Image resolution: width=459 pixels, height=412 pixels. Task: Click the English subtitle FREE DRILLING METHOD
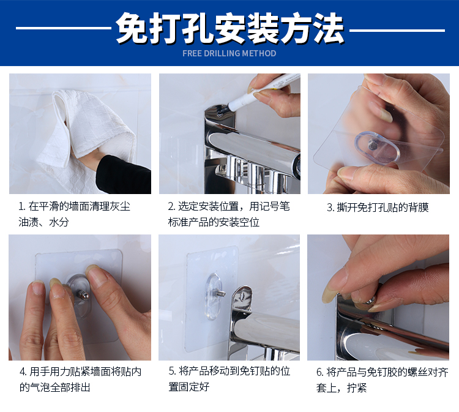[x=229, y=53]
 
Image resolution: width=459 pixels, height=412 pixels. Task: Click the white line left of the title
[x=64, y=28]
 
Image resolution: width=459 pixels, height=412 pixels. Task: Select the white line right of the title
[x=397, y=30]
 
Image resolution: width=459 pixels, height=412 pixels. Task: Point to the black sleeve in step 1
[x=123, y=175]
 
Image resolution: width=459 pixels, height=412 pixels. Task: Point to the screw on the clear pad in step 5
[x=221, y=293]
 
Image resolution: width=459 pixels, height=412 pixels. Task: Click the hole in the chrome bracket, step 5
[x=242, y=296]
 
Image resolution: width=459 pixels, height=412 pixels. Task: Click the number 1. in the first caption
[x=22, y=207]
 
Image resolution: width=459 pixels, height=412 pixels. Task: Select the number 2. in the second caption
[x=171, y=207]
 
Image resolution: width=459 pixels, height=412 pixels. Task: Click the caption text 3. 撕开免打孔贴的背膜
[x=378, y=208]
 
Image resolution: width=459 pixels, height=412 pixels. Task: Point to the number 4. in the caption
[x=23, y=372]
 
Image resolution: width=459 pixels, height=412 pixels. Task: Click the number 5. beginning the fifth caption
[x=173, y=372]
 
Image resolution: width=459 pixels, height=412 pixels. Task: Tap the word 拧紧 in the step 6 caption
[x=357, y=388]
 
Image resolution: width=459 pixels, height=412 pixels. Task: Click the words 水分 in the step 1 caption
[x=59, y=222]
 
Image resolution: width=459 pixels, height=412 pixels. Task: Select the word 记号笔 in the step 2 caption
[x=275, y=206]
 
